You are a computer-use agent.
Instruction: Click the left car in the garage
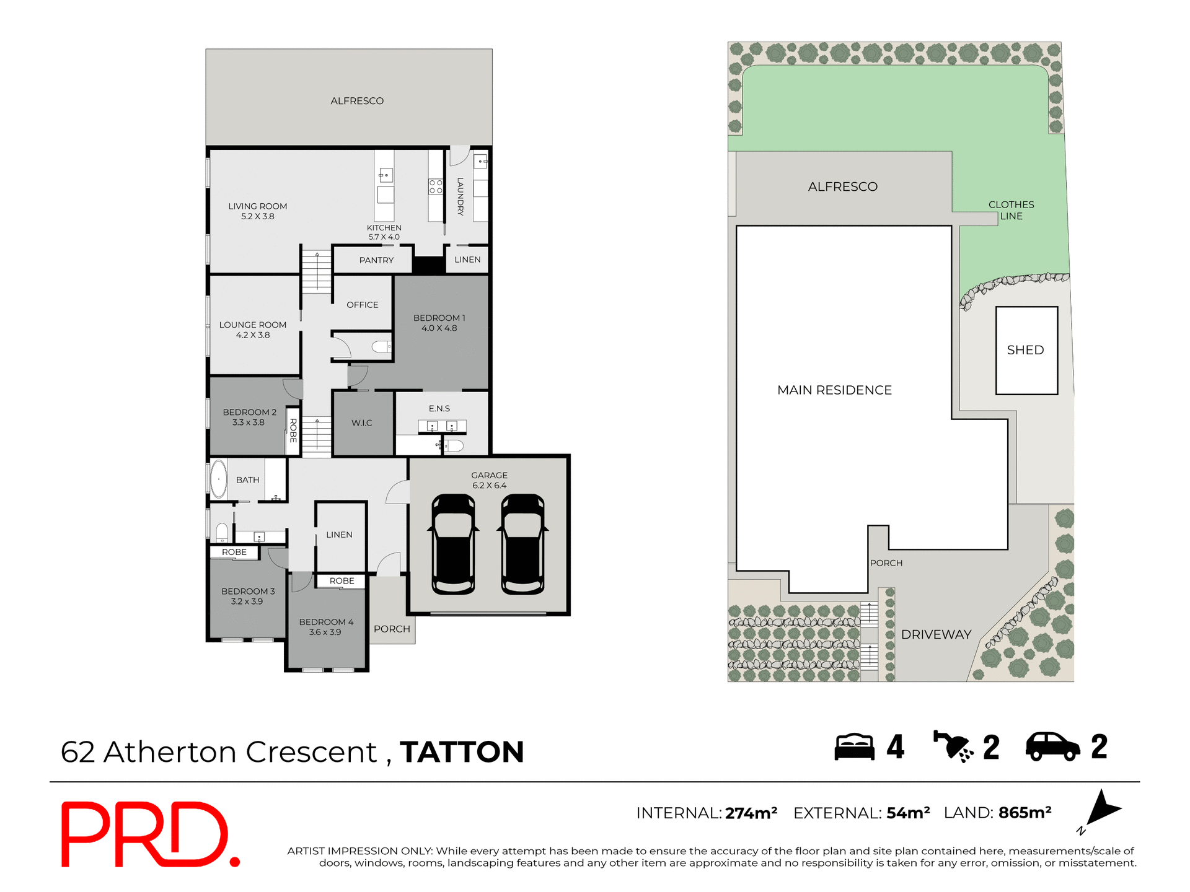tap(453, 544)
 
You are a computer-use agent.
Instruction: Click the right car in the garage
tap(523, 544)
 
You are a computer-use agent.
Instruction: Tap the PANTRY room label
tap(376, 260)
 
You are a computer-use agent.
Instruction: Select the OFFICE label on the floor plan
tap(363, 305)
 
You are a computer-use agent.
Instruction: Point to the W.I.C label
tap(362, 423)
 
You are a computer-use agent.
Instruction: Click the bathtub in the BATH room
tap(218, 479)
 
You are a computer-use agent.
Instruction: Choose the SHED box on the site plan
tap(1026, 351)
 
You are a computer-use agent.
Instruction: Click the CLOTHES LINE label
tap(1011, 210)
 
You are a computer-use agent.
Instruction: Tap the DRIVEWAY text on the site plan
tap(936, 634)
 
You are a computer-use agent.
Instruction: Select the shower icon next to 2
tap(953, 746)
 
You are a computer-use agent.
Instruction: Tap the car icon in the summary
tap(1052, 746)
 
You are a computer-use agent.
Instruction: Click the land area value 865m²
tap(1025, 813)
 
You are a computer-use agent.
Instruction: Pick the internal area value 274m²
tap(751, 813)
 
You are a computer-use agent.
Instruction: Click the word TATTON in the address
tap(462, 752)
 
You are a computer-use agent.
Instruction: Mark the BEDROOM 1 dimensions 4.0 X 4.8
tap(439, 328)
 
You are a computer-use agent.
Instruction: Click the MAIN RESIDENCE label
tap(834, 390)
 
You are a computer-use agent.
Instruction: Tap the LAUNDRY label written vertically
tap(461, 196)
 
